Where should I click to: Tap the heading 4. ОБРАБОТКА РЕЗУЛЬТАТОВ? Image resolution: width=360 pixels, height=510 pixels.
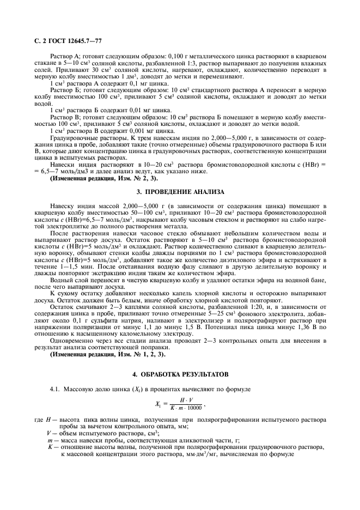click(x=180, y=375)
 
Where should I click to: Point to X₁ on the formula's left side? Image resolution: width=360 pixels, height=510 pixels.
click(x=158, y=404)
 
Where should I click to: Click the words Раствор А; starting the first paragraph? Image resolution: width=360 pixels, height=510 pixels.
click(x=65, y=56)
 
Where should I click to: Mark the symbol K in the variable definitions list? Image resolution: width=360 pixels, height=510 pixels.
click(x=50, y=446)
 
